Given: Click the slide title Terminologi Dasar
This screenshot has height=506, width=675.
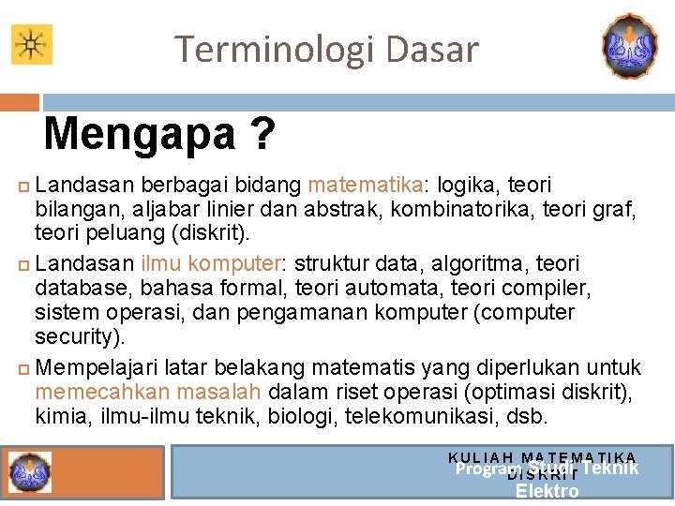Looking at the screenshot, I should click(x=326, y=49).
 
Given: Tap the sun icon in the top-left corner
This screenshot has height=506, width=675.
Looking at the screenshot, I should click(x=32, y=44).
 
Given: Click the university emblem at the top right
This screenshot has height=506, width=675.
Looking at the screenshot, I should click(x=629, y=45).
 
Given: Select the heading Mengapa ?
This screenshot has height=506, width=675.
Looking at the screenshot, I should click(x=159, y=134).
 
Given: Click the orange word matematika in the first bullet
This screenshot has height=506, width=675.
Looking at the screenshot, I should click(x=366, y=185).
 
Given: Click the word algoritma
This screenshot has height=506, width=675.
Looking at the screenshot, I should click(x=474, y=263).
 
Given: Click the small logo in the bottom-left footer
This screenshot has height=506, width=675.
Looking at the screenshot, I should click(x=27, y=470).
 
